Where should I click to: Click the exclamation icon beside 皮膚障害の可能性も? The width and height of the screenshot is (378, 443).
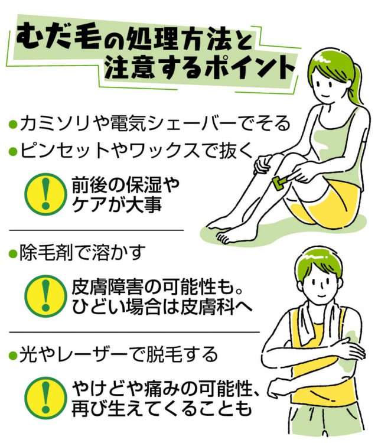coord(45,296)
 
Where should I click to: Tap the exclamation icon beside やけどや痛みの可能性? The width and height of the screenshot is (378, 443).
coord(45,398)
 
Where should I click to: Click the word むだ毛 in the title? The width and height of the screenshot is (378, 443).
coord(58,39)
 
